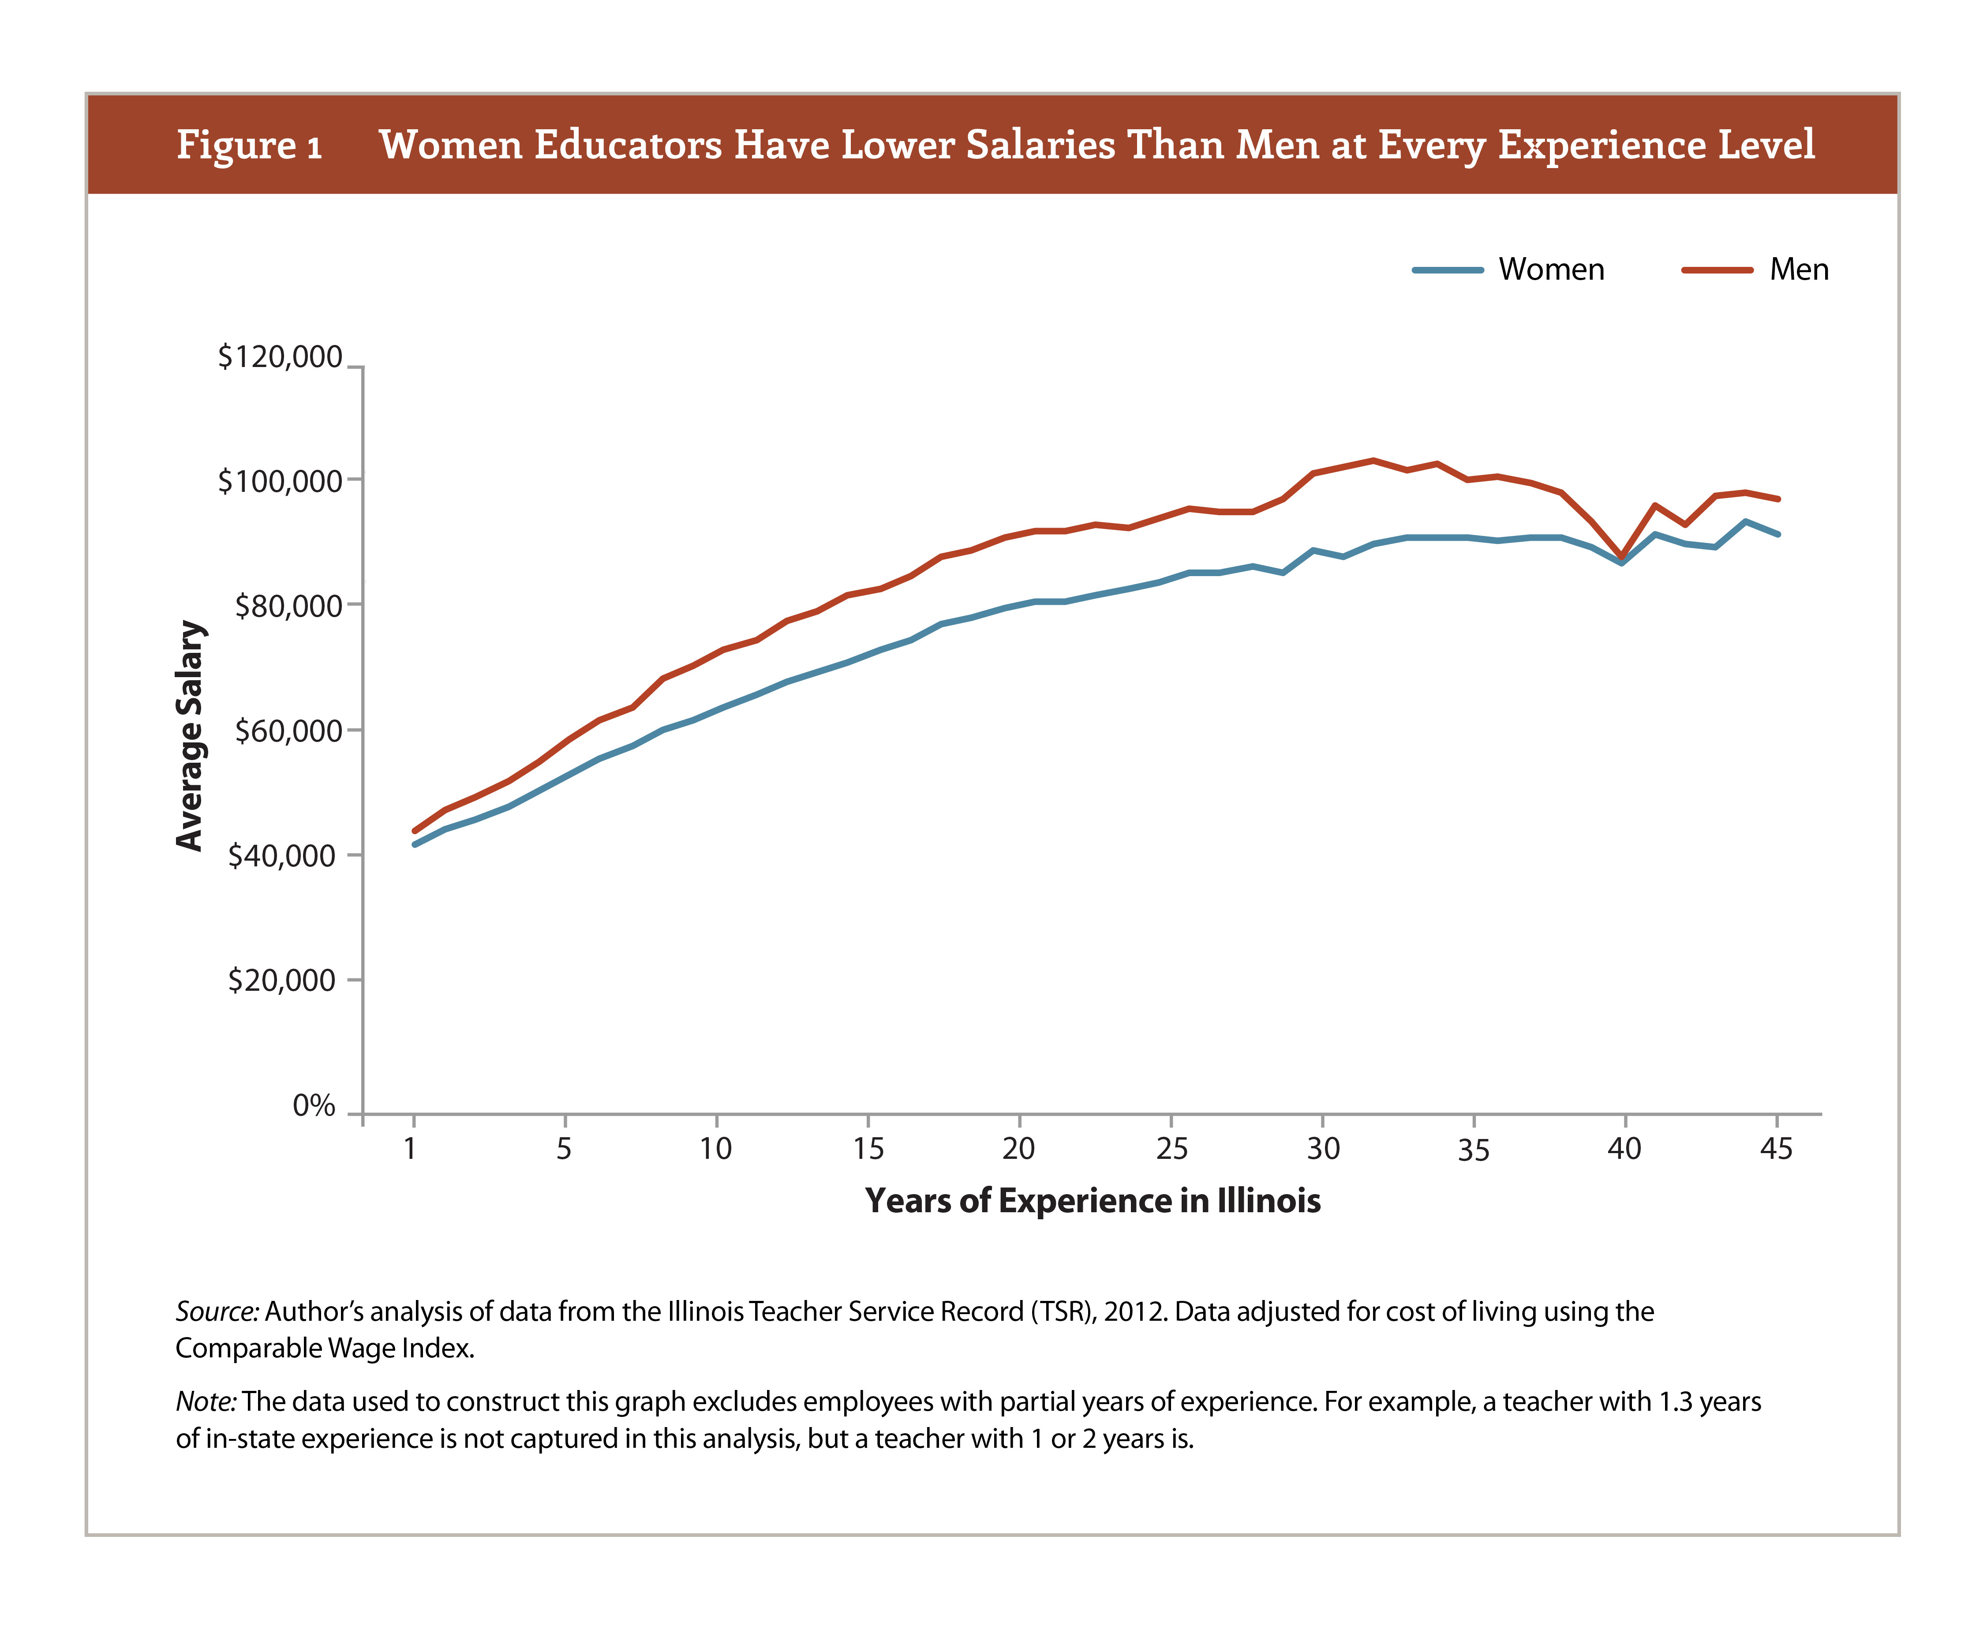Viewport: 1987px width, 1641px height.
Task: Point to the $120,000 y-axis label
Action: (280, 356)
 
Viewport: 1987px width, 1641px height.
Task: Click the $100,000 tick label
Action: (280, 481)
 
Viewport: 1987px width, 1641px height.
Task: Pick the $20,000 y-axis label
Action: (282, 980)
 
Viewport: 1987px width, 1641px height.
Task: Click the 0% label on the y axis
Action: (314, 1105)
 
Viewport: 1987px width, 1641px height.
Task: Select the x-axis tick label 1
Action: (410, 1149)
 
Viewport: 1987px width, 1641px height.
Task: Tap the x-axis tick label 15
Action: (868, 1149)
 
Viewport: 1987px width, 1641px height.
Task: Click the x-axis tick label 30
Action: (1322, 1149)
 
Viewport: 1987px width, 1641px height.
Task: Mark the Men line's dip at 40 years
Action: (1622, 556)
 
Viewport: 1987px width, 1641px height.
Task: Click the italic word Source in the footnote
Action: (217, 1311)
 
